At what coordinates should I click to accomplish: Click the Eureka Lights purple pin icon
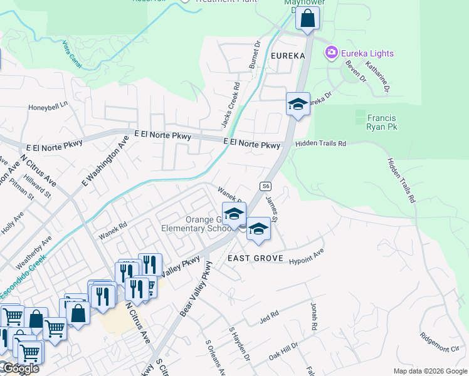point(331,53)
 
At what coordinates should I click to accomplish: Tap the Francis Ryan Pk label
point(382,122)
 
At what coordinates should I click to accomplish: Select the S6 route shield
point(266,186)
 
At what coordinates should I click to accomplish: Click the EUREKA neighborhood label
point(288,56)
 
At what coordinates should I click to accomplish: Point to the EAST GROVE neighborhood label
point(256,258)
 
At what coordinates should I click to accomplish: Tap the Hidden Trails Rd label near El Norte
point(320,144)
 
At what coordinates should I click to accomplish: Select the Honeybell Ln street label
point(48,107)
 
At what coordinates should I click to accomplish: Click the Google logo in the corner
point(20,368)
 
